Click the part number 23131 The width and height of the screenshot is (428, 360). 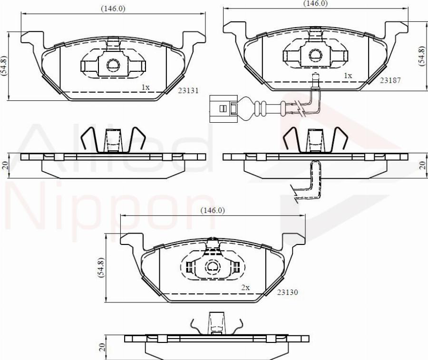click(x=188, y=90)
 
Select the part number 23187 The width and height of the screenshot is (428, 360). click(x=391, y=80)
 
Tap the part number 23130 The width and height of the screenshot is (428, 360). click(x=288, y=292)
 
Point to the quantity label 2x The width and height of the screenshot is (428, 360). click(x=245, y=288)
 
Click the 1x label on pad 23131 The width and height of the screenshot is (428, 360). click(x=146, y=87)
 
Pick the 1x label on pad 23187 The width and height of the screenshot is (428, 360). click(x=348, y=76)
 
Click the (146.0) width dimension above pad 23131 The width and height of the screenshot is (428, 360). click(x=113, y=9)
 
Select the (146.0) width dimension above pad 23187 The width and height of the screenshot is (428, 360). click(x=316, y=3)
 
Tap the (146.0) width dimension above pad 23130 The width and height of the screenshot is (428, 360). click(x=212, y=210)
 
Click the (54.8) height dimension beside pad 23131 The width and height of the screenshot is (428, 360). click(x=4, y=66)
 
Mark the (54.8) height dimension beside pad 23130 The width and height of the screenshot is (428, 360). click(x=100, y=268)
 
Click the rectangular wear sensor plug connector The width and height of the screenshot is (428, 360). click(x=223, y=108)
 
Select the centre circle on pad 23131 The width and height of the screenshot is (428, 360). click(x=113, y=65)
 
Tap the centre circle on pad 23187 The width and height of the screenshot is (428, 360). click(x=315, y=55)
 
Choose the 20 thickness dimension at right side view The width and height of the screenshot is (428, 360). click(x=422, y=165)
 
